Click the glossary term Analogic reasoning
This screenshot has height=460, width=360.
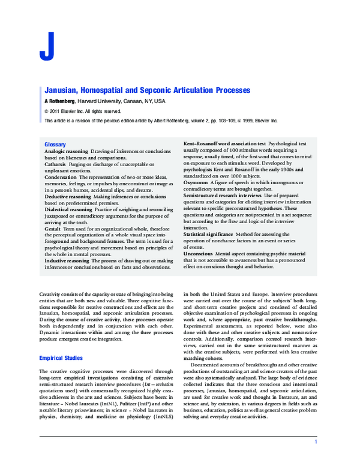67,152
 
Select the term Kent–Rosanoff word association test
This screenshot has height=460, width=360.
224,145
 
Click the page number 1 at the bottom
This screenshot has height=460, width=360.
316,442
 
